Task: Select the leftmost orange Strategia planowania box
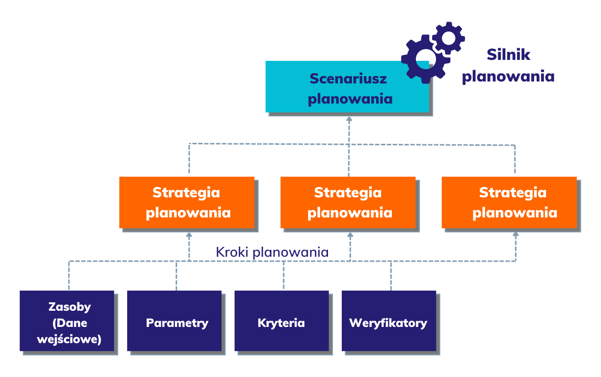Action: [187, 202]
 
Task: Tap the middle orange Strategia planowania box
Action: [348, 202]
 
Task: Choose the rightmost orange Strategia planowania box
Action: [509, 202]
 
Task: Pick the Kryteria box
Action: [281, 321]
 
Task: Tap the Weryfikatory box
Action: [388, 321]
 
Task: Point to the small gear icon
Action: [449, 37]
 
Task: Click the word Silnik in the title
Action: [508, 54]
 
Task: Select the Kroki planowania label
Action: [272, 252]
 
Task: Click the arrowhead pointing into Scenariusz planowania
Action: [349, 119]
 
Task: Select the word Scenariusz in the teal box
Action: [348, 79]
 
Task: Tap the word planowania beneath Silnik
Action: [508, 77]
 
